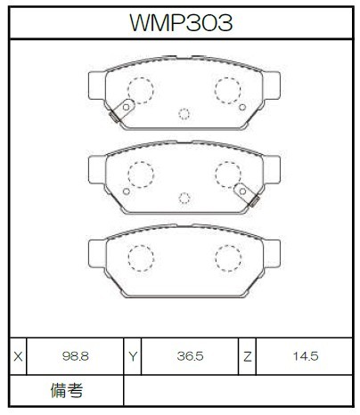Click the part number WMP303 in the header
[181, 22]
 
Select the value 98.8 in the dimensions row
[76, 356]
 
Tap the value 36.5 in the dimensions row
[190, 356]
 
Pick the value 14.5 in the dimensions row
[306, 356]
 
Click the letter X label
[18, 356]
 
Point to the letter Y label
[133, 356]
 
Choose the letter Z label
[247, 356]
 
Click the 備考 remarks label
[67, 390]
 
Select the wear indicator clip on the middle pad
[247, 195]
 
